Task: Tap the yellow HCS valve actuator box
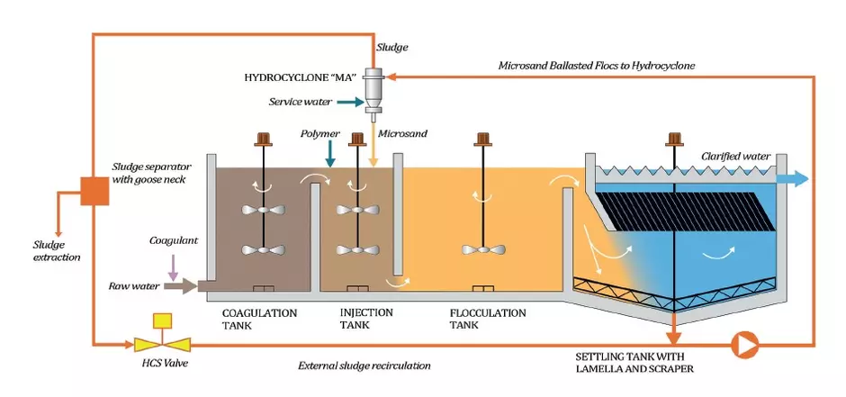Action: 164,320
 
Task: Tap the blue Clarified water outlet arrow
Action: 788,180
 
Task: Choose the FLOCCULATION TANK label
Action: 487,319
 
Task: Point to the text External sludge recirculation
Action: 364,365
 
